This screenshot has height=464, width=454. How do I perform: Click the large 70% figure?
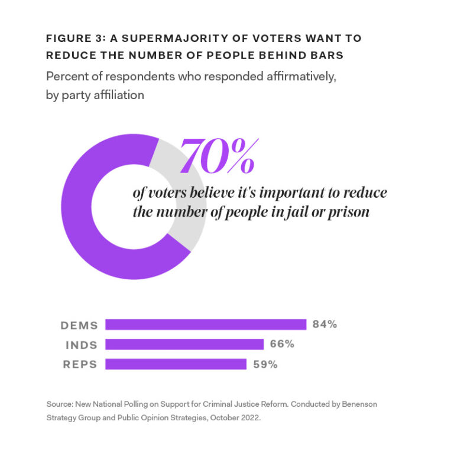[x=218, y=156]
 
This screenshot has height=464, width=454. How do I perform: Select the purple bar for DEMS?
[x=206, y=325]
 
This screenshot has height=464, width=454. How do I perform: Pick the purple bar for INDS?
[x=184, y=344]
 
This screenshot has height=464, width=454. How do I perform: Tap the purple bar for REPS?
[x=176, y=364]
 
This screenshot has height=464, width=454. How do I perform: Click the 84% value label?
[x=325, y=324]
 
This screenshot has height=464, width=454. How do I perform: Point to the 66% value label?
[x=282, y=344]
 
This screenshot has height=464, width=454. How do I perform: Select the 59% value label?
[x=265, y=364]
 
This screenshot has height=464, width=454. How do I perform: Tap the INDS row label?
[x=81, y=345]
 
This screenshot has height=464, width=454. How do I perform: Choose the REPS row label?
[x=80, y=364]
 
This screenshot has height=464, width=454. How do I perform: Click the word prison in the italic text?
[x=349, y=211]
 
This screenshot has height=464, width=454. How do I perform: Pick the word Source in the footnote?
[x=59, y=404]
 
